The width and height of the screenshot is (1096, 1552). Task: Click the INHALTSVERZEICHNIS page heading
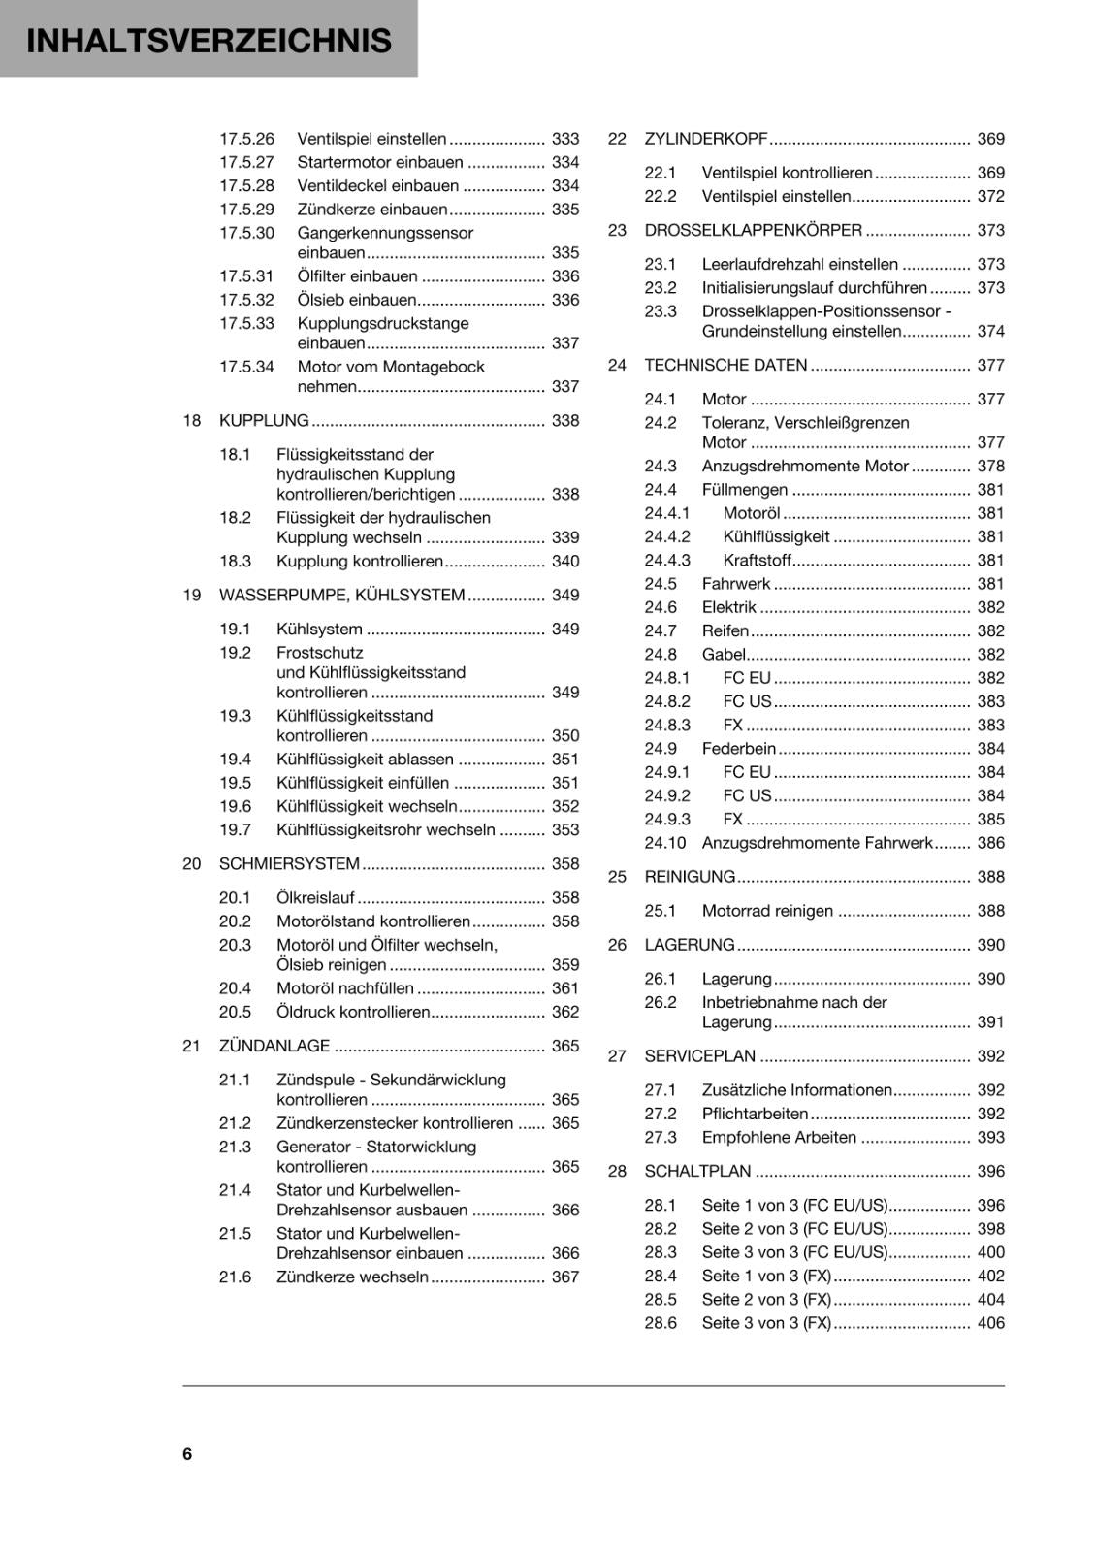(x=210, y=41)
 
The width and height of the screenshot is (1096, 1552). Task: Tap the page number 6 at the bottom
(x=187, y=1453)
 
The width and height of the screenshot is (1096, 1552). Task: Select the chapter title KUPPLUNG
(x=264, y=420)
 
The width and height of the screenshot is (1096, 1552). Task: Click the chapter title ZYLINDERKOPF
(x=705, y=139)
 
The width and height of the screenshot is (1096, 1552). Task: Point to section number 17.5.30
(x=246, y=233)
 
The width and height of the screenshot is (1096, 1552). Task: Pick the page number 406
(x=990, y=1322)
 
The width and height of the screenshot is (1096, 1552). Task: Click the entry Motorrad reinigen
(x=767, y=910)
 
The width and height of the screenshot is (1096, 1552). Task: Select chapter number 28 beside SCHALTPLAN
(x=617, y=1171)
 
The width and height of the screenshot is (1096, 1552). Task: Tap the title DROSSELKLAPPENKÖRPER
(x=753, y=230)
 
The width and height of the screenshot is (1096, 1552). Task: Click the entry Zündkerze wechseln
(x=352, y=1277)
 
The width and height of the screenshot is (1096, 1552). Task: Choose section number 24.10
(x=664, y=842)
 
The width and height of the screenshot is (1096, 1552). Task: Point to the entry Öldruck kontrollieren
(x=353, y=1012)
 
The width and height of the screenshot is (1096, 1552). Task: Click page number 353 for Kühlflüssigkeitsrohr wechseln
(x=564, y=829)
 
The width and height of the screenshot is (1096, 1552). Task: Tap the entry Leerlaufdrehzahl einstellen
(x=799, y=264)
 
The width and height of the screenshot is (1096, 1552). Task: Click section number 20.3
(x=235, y=945)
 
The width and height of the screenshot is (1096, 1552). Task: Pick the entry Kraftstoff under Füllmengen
(x=757, y=560)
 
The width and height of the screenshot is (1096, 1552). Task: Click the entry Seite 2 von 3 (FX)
(x=766, y=1299)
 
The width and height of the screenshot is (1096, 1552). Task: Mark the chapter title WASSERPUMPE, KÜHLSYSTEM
(x=341, y=595)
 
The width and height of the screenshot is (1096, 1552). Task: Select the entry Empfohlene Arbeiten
(x=779, y=1137)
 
